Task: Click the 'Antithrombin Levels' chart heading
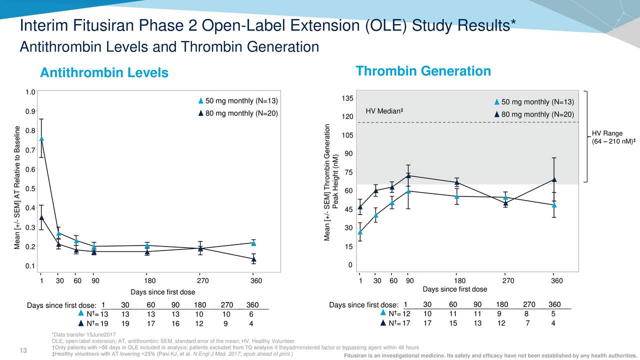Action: click(x=104, y=73)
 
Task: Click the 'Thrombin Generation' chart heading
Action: click(x=423, y=71)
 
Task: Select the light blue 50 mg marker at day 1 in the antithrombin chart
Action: click(x=41, y=138)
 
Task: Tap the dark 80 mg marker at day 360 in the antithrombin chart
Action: click(x=253, y=259)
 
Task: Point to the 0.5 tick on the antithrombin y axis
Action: click(x=29, y=188)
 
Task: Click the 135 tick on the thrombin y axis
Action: click(x=348, y=98)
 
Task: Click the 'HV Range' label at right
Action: click(x=607, y=133)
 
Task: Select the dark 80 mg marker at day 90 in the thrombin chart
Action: click(x=408, y=175)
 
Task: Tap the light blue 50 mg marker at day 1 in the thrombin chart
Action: click(x=360, y=232)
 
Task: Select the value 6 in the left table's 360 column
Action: click(x=250, y=314)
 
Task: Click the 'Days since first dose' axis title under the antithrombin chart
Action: click(x=162, y=292)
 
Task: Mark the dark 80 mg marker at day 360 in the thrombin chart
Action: click(x=554, y=179)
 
